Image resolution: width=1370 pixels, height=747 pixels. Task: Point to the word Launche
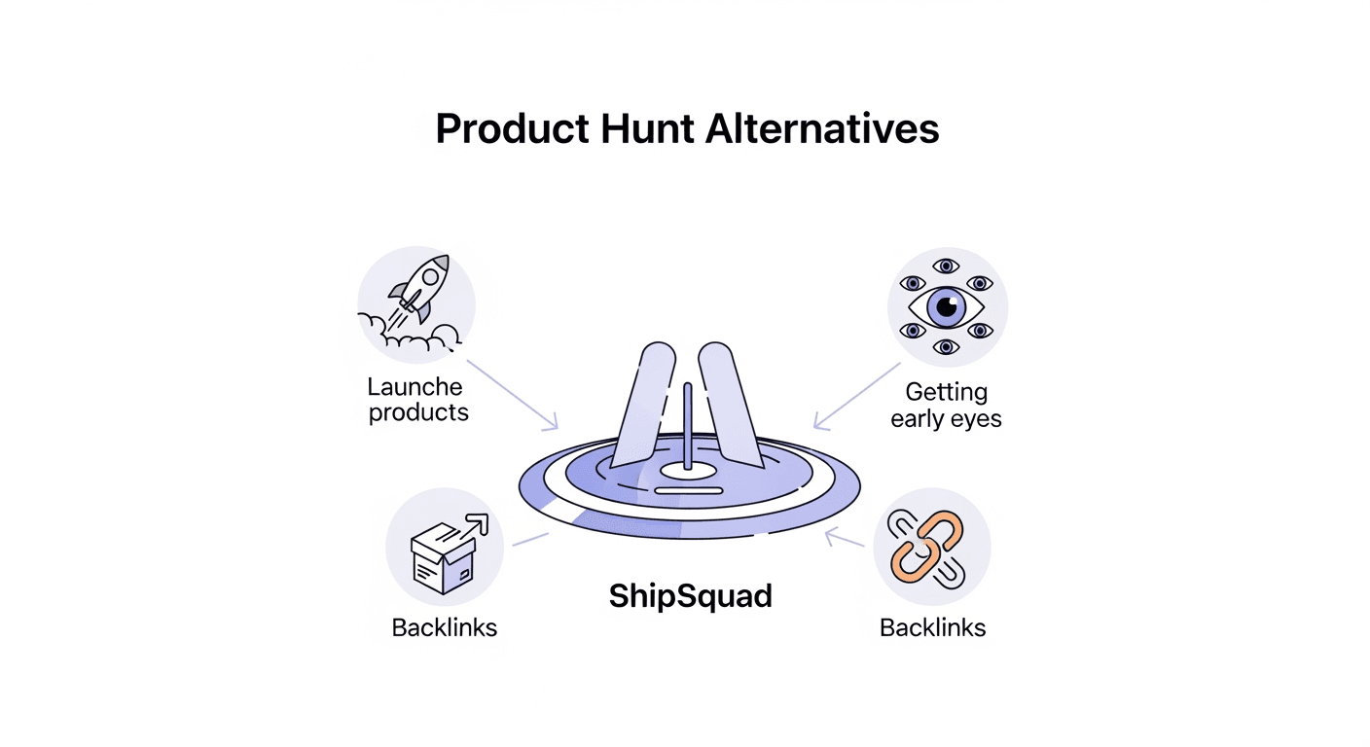[x=415, y=386]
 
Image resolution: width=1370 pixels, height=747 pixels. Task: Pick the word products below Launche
[x=418, y=412]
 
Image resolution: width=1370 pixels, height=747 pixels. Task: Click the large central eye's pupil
[x=947, y=306]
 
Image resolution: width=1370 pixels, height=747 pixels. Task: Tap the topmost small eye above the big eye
[x=945, y=267]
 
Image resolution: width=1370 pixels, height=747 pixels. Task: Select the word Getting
[x=946, y=393]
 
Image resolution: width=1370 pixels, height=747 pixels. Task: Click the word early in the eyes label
[x=919, y=419]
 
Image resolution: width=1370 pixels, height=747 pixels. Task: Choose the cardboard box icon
[x=443, y=554]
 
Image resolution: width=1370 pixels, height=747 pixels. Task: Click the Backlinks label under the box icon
[x=445, y=627]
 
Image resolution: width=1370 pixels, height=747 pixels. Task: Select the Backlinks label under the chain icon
[x=932, y=627]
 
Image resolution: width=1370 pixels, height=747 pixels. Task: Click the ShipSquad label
[x=690, y=595]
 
